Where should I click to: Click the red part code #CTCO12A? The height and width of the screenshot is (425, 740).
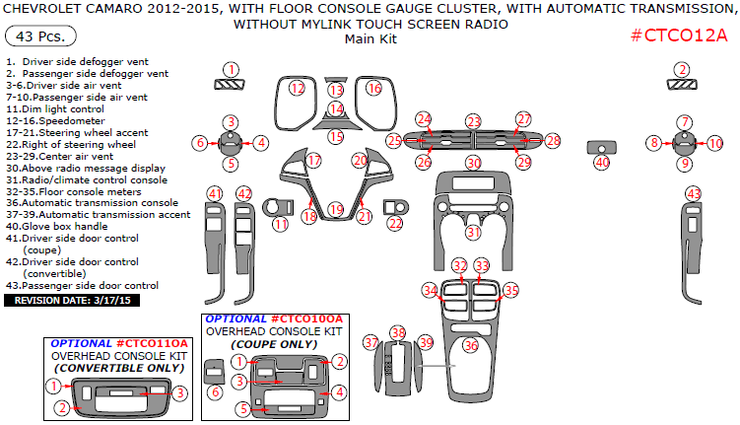pyautogui.click(x=678, y=36)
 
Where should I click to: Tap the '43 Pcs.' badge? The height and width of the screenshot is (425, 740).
pyautogui.click(x=34, y=36)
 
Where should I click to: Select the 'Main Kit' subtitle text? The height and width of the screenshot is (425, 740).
pyautogui.click(x=370, y=38)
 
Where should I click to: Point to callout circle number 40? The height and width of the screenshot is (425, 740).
pyautogui.click(x=601, y=162)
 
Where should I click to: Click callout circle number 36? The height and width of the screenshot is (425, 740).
pyautogui.click(x=471, y=345)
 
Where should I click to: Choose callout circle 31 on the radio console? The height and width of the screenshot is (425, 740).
pyautogui.click(x=473, y=233)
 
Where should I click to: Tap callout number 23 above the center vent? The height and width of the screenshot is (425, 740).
pyautogui.click(x=474, y=121)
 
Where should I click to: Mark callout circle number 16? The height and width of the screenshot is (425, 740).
pyautogui.click(x=373, y=89)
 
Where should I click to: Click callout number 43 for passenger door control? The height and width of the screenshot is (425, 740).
pyautogui.click(x=694, y=193)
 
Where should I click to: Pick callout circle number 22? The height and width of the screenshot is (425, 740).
pyautogui.click(x=395, y=224)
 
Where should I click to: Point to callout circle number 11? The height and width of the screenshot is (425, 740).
pyautogui.click(x=281, y=224)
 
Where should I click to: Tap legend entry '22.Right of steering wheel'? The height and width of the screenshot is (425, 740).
pyautogui.click(x=71, y=144)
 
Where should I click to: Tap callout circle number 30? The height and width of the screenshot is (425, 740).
pyautogui.click(x=473, y=162)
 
